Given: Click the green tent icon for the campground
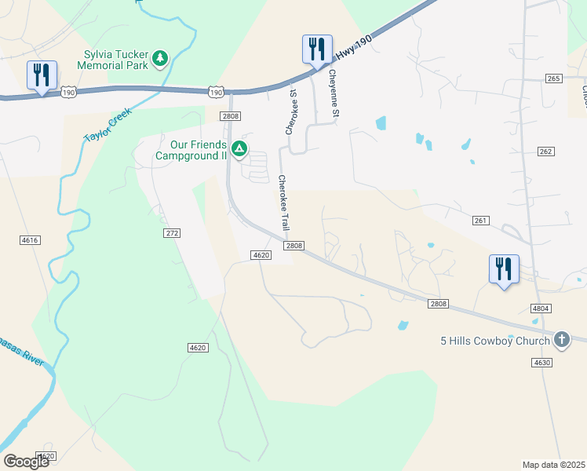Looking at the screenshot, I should click(239, 148).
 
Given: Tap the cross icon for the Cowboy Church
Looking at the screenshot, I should click(561, 339).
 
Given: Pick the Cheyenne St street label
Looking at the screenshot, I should click(334, 94).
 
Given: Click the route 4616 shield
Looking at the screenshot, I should click(30, 239).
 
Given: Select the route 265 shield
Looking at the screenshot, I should click(554, 78).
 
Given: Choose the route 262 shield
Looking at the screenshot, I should click(546, 151).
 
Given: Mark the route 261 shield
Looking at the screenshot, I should click(481, 221).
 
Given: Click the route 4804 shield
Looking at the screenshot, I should click(540, 309).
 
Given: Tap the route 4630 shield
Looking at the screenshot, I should click(541, 362).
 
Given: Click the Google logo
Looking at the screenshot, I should click(26, 462).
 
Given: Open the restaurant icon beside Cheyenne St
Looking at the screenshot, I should click(317, 49).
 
